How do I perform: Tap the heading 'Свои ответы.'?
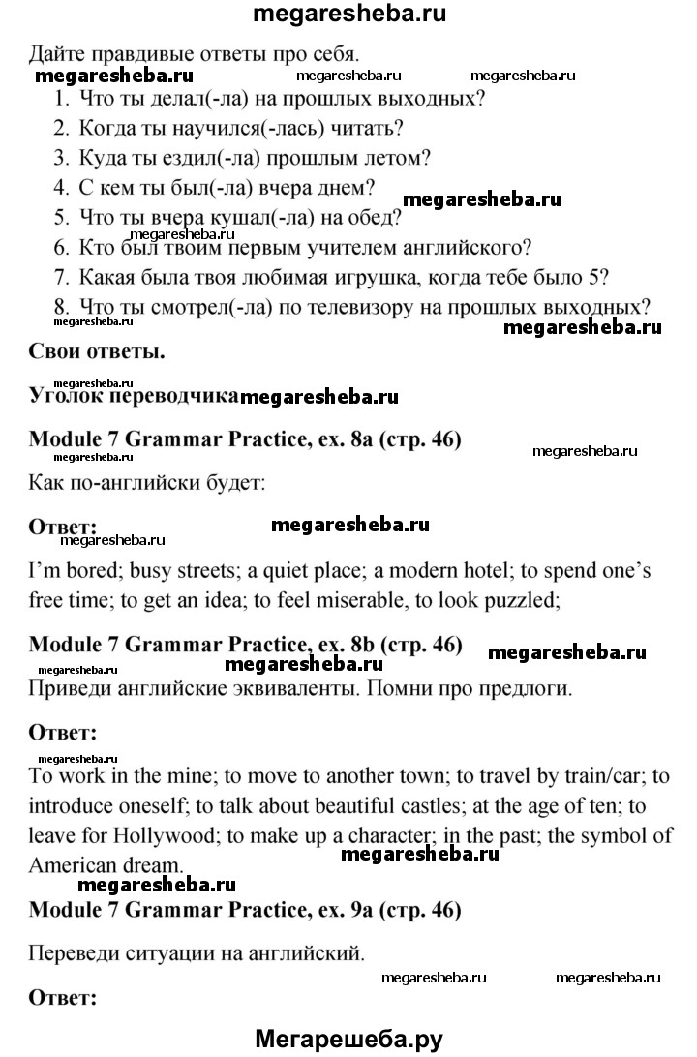click(97, 351)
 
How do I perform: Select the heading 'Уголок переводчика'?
click(134, 395)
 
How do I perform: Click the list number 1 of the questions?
click(60, 98)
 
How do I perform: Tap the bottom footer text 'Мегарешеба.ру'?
click(348, 1039)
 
